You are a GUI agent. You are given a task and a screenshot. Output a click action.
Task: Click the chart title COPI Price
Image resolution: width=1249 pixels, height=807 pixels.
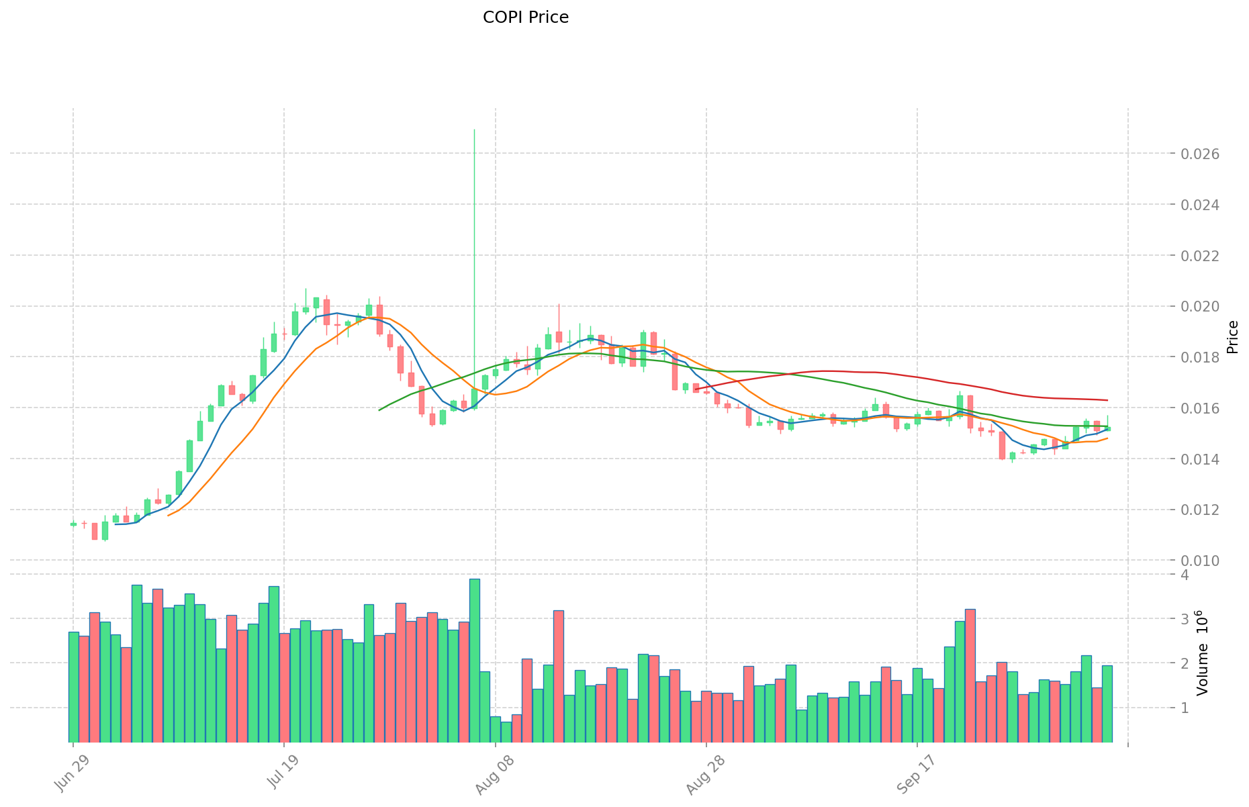tap(525, 17)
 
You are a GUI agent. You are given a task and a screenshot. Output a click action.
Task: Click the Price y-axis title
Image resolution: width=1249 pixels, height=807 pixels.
tap(1232, 337)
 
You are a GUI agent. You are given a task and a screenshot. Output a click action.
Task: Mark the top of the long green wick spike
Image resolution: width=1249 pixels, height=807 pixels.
tap(475, 130)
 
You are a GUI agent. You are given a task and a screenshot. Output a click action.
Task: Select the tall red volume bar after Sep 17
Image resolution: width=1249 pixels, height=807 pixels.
tap(970, 675)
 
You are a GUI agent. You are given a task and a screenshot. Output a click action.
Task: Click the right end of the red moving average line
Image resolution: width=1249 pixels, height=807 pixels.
tap(1107, 400)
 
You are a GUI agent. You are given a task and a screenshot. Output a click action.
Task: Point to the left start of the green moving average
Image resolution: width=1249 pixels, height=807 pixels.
tap(380, 410)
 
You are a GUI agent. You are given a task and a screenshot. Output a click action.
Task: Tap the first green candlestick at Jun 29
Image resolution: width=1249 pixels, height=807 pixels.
tap(73, 524)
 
